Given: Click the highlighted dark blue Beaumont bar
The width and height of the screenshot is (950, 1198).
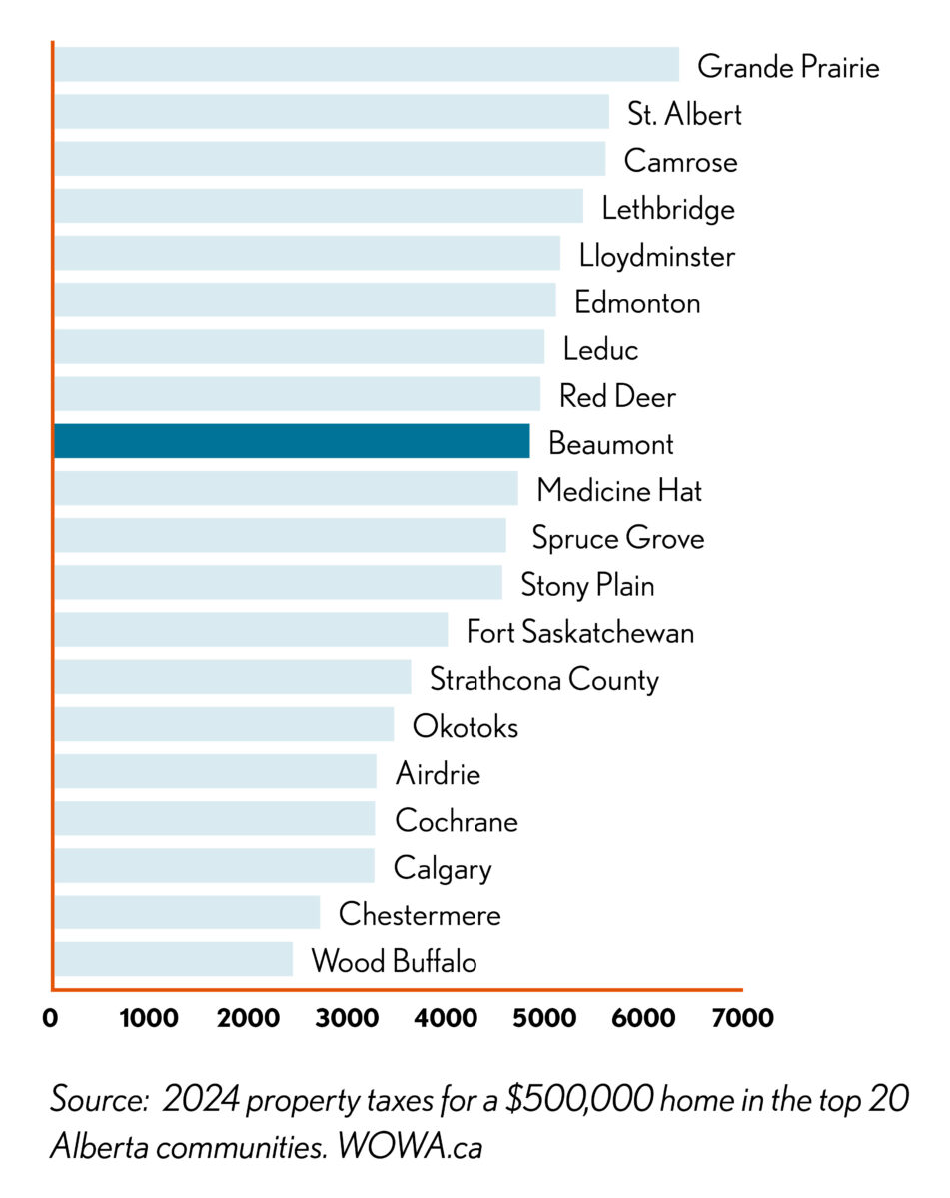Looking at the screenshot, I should [291, 441].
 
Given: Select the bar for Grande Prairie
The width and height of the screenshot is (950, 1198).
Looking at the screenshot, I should [366, 65].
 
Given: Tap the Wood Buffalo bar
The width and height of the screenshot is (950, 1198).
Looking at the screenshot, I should [173, 959].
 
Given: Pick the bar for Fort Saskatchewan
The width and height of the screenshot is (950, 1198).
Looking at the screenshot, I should [251, 630].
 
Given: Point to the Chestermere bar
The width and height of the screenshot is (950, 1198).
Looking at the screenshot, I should [187, 912].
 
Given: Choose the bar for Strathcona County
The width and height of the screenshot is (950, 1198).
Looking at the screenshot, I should [232, 677].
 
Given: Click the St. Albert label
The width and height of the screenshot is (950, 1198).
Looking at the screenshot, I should [684, 114].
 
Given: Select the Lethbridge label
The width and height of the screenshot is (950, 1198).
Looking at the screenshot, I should [667, 208].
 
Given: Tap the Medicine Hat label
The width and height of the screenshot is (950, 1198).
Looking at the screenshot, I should [618, 490].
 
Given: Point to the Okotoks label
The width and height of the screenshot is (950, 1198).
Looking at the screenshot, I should [465, 726].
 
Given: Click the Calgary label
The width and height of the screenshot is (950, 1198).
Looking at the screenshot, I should [443, 868].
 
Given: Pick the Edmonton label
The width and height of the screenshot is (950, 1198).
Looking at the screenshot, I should [636, 301].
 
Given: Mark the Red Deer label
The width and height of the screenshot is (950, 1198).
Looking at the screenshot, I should [616, 396].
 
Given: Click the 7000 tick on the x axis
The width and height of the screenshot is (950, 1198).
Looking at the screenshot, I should [741, 1018].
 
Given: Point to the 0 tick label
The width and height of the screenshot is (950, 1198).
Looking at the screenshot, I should [51, 1018].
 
